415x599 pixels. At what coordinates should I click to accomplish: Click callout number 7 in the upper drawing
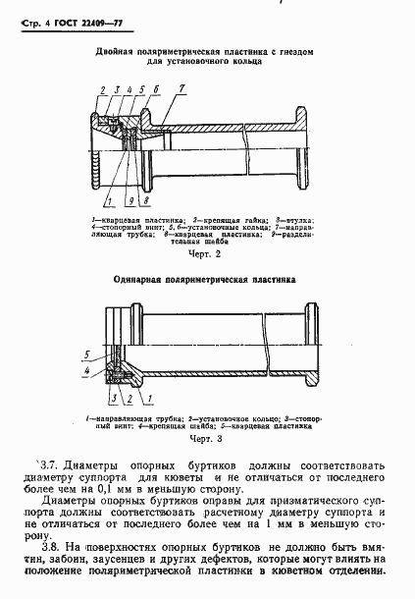[x=181, y=88]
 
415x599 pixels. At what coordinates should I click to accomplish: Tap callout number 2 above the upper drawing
[x=102, y=91]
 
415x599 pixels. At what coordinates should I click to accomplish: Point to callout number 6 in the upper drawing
[x=155, y=89]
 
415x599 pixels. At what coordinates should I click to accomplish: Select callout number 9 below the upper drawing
[x=129, y=200]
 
